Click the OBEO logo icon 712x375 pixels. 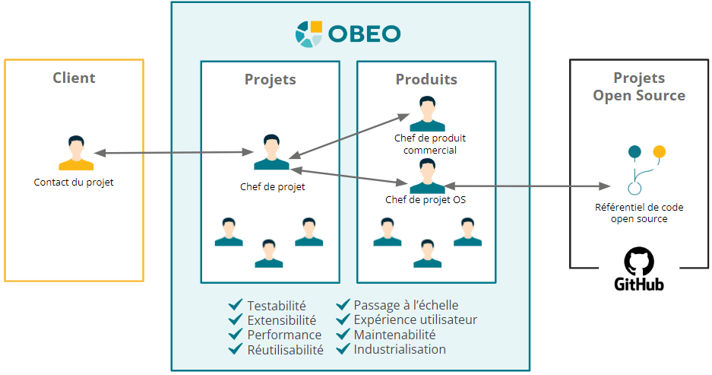[x=309, y=34]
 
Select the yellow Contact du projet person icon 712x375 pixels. [x=76, y=154]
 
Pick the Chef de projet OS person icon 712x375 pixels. [x=427, y=176]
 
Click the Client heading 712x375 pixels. [x=74, y=78]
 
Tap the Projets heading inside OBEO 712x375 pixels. [x=271, y=79]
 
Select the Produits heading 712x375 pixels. [x=426, y=79]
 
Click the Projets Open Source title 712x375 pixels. [x=639, y=87]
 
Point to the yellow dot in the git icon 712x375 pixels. [x=659, y=151]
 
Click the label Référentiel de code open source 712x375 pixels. [x=639, y=213]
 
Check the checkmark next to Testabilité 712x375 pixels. [x=236, y=305]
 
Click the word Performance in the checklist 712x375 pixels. [x=284, y=335]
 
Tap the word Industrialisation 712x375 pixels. [x=400, y=349]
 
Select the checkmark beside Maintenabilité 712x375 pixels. [x=343, y=335]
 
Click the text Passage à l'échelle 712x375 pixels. [x=406, y=305]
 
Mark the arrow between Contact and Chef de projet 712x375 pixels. [x=175, y=154]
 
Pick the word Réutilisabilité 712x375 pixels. [x=285, y=350]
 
